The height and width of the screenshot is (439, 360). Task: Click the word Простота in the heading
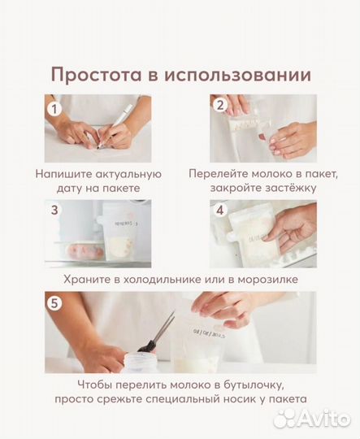(x=97, y=75)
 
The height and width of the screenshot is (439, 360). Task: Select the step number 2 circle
(x=219, y=105)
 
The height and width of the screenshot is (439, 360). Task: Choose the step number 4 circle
(x=219, y=210)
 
